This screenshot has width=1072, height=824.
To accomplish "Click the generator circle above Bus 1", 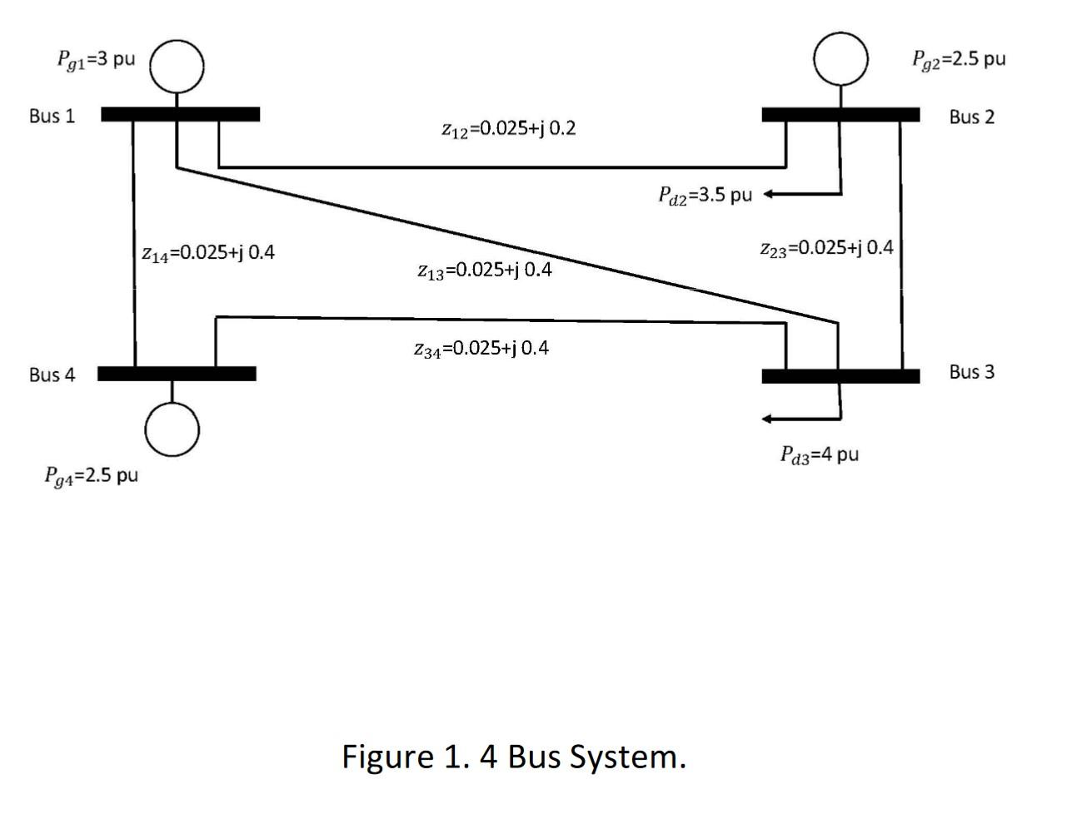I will coord(177,65).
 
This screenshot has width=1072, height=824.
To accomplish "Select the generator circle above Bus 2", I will coord(840,58).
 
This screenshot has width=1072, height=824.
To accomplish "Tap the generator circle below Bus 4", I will coord(172,429).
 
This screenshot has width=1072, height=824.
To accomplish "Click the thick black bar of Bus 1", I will coord(180,114).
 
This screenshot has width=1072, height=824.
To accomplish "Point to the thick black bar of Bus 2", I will coord(840,115).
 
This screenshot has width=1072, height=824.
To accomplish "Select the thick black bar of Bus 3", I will coord(840,376).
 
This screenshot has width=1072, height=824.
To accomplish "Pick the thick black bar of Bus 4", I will coord(177,374).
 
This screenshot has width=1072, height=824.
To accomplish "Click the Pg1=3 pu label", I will coord(96,60).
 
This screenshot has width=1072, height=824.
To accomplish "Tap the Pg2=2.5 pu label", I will coord(959,59).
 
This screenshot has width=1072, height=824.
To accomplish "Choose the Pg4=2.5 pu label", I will coord(91,475).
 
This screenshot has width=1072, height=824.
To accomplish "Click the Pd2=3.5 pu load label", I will coord(705,195).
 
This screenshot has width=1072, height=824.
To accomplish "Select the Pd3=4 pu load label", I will coord(819,454).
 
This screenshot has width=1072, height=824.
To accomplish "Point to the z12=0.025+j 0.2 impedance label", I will coord(508,129).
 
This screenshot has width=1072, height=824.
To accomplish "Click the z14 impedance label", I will coord(207,252).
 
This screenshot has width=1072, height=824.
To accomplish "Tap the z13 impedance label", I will coord(484,271).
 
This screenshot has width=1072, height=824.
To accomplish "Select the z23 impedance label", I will coord(826,248).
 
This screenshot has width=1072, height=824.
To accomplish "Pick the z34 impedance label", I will coord(481,348).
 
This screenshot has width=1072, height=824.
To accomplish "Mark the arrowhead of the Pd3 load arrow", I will coord(768,418).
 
